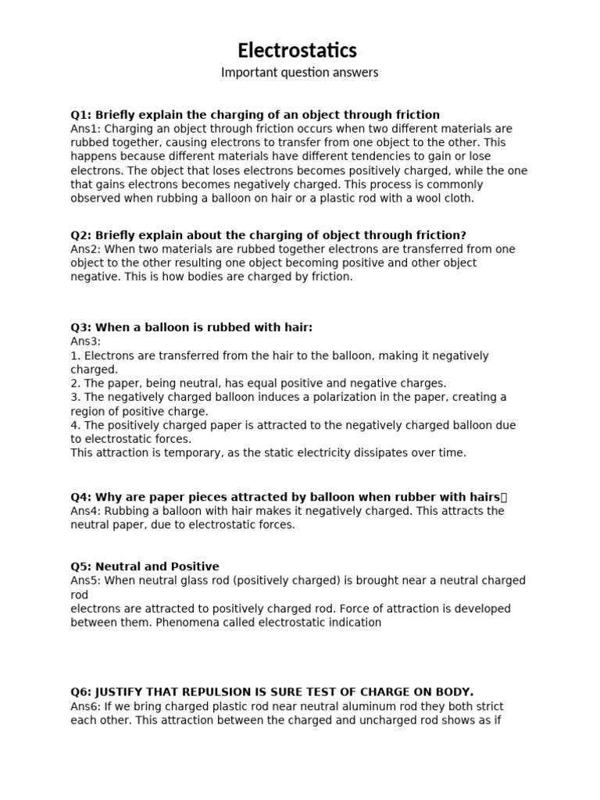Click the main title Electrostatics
click(298, 51)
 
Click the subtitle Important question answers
click(299, 73)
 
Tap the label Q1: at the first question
click(81, 115)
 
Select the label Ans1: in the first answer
click(86, 129)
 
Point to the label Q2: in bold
click(81, 235)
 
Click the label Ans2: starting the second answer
click(86, 249)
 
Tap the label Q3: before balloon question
click(81, 327)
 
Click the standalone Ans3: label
click(86, 341)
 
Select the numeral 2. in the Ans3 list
click(75, 384)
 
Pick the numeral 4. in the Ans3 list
click(75, 426)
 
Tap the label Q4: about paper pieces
click(81, 497)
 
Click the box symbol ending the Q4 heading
click(504, 497)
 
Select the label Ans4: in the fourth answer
click(86, 511)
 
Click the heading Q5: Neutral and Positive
click(145, 566)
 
